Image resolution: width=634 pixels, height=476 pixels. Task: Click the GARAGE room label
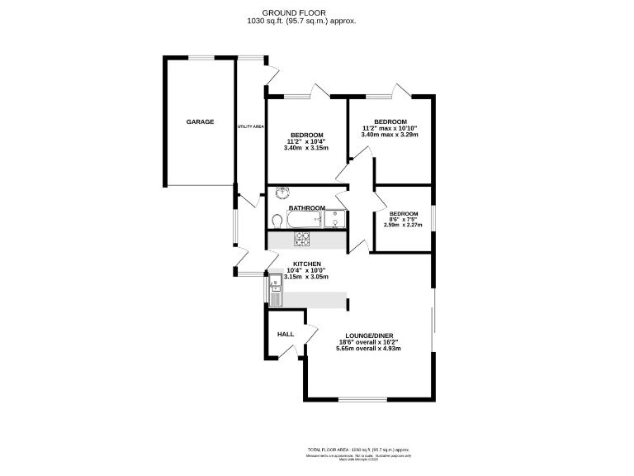pos(200,122)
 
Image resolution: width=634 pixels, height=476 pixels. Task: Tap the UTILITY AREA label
pos(250,126)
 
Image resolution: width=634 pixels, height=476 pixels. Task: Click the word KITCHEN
pos(306,264)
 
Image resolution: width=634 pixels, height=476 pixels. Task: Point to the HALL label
pos(286,334)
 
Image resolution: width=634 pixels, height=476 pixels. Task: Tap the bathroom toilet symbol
pos(275,220)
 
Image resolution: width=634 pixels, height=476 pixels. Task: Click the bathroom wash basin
pos(282,193)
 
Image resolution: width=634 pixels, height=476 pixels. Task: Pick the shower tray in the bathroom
pos(336,218)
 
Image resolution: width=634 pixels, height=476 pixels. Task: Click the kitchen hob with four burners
pos(303,239)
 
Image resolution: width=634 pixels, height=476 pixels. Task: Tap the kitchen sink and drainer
pos(274,292)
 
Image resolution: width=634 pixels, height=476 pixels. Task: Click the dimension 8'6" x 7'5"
pos(403,219)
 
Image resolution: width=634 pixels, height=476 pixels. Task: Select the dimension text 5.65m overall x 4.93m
pos(368,349)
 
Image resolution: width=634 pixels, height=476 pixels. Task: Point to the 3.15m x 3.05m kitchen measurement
pos(306,278)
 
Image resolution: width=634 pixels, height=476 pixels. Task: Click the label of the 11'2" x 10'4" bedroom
pos(306,135)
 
